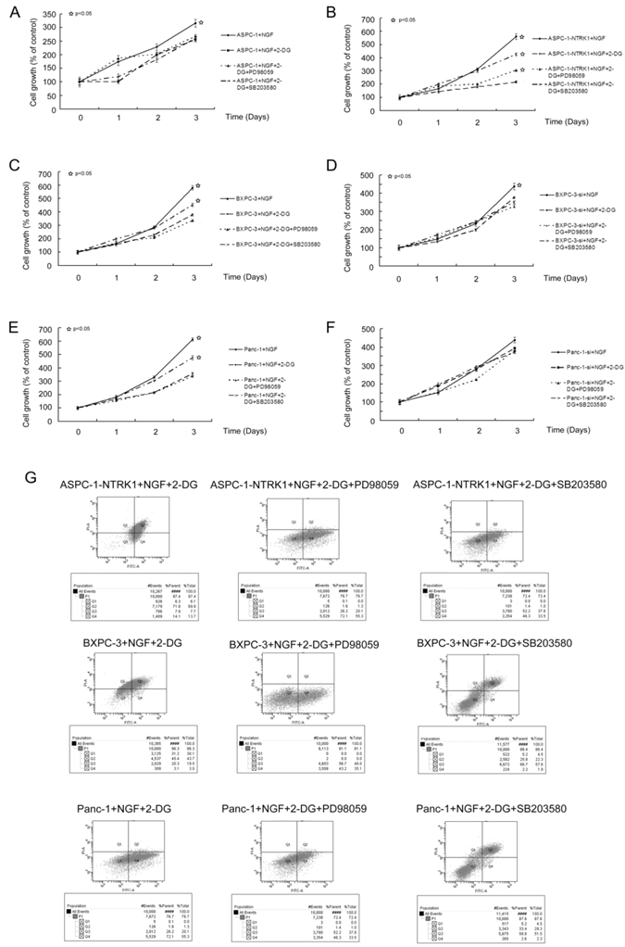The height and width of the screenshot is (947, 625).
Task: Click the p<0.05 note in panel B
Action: pos(406,19)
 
